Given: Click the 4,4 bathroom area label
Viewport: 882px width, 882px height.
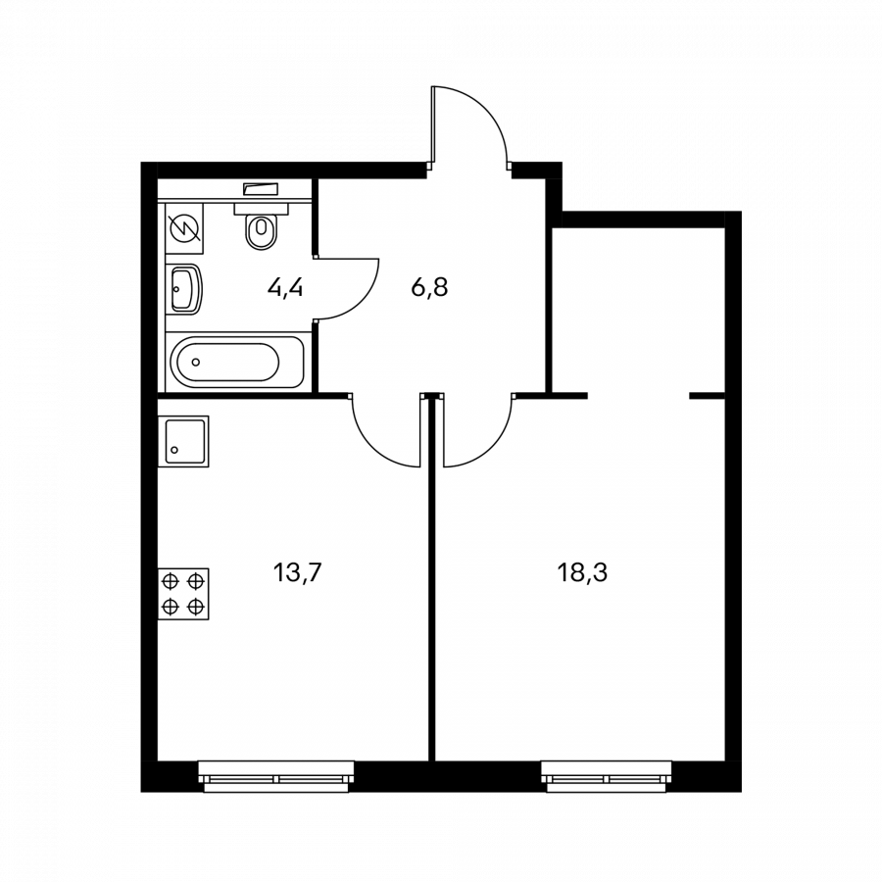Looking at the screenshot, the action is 285,288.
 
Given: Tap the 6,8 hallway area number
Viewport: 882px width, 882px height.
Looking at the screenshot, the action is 430,288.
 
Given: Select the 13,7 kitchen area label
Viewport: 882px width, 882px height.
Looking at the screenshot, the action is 297,573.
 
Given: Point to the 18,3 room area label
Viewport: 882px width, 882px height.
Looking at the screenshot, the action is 582,573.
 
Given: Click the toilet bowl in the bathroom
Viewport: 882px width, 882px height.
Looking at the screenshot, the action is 261,231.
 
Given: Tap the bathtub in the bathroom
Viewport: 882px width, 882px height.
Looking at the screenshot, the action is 237,363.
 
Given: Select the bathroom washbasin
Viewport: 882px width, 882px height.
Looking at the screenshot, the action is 185,289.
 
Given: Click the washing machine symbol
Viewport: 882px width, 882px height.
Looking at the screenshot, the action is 184,230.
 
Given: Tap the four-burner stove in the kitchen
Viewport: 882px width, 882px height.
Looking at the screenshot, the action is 183,594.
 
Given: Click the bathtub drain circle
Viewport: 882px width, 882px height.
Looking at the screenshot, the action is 196,362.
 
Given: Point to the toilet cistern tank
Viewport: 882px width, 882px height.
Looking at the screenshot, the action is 261,208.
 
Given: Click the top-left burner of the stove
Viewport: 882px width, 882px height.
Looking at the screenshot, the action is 171,580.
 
